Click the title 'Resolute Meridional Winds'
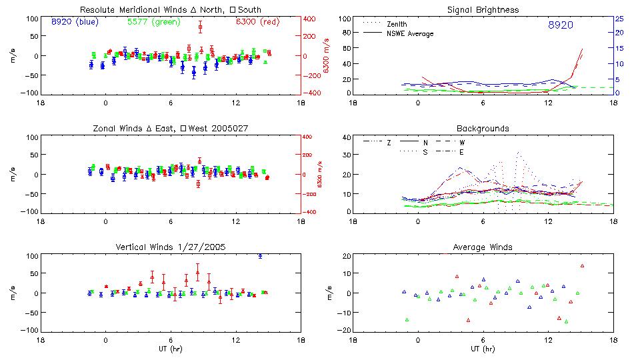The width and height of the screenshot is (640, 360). [131, 10]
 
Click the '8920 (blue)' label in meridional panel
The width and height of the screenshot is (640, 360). [75, 22]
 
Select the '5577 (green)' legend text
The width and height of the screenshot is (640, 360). [153, 22]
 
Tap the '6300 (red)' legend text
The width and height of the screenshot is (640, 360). [256, 22]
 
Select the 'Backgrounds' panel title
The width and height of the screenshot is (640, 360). [483, 128]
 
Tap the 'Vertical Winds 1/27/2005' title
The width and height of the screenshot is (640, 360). [170, 247]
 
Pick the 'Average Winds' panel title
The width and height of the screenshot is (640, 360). [483, 247]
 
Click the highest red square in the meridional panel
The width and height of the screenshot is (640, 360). [200, 27]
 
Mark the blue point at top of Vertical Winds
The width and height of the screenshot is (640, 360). [260, 256]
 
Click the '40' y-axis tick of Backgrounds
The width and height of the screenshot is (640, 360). [346, 138]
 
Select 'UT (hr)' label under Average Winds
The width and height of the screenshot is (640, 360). [483, 349]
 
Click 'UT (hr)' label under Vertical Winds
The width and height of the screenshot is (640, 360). [171, 349]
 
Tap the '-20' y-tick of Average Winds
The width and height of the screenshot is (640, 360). [345, 330]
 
